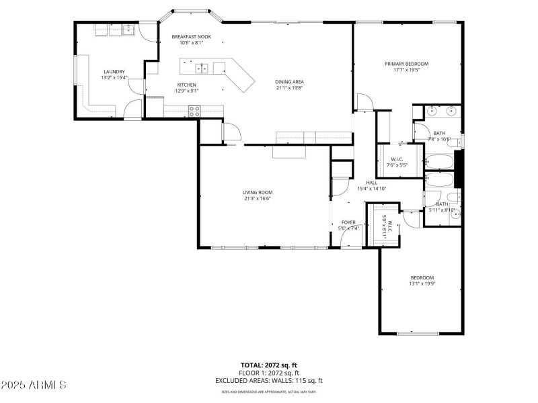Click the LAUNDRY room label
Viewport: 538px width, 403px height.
click(114, 72)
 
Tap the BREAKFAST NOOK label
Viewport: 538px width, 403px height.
click(191, 37)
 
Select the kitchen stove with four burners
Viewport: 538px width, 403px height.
click(194, 111)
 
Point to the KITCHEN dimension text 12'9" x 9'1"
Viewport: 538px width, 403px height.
click(186, 91)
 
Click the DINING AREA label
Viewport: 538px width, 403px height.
click(289, 81)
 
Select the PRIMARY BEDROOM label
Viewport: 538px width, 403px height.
click(406, 64)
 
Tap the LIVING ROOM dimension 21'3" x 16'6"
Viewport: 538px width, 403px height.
click(258, 198)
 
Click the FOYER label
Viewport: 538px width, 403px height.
click(348, 222)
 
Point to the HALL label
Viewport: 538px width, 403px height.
click(371, 182)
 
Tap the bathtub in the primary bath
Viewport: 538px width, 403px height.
click(440, 161)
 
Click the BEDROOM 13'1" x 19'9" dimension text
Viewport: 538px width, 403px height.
click(422, 283)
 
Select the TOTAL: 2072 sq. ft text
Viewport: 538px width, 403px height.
click(268, 365)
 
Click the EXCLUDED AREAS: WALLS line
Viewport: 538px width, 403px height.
click(268, 380)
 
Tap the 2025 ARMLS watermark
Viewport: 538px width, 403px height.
click(34, 385)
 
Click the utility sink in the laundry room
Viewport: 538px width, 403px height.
click(127, 30)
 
